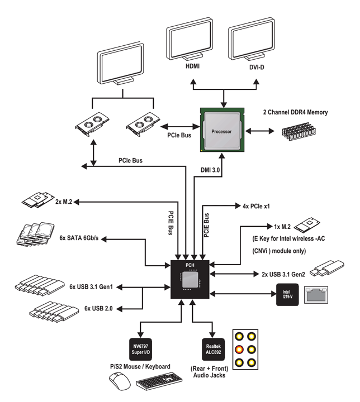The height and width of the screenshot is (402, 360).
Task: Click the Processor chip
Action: click(222, 132)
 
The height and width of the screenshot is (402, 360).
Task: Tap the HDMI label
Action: click(193, 66)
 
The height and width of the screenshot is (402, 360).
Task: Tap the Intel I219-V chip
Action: click(286, 293)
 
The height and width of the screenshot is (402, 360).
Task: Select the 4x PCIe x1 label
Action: click(257, 206)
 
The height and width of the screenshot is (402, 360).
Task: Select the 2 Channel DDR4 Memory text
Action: click(295, 112)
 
